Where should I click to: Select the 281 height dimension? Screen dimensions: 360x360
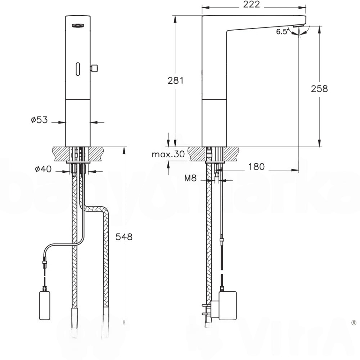(x=175, y=81)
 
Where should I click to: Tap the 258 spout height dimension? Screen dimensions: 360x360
(x=319, y=89)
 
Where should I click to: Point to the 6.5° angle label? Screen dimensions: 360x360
(x=283, y=32)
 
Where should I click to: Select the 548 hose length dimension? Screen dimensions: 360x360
(x=124, y=237)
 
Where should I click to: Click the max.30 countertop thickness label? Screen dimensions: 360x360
(x=168, y=155)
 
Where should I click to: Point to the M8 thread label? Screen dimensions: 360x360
(x=190, y=178)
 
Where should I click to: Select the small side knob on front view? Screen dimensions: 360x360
(x=95, y=67)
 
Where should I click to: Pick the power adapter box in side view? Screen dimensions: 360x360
(x=228, y=305)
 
